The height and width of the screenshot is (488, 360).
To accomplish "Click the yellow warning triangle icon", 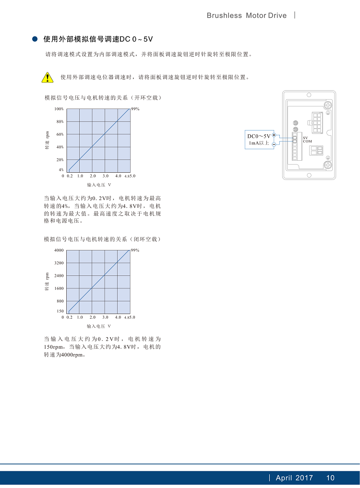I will (47, 77).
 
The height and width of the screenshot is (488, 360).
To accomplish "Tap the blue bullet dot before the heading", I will (35, 39).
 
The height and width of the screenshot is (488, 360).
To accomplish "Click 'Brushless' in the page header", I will (224, 15).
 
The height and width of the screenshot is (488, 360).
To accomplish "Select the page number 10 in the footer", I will (330, 477).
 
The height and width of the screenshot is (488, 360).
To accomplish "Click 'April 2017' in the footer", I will (294, 477).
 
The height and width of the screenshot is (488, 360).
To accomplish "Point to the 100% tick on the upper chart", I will (59, 109).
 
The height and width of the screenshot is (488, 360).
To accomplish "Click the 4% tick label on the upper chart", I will (61, 169).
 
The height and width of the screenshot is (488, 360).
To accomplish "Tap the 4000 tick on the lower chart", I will (59, 250).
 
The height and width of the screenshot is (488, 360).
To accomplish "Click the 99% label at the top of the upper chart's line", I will (135, 109).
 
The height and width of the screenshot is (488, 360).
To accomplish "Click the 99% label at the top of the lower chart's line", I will (135, 250).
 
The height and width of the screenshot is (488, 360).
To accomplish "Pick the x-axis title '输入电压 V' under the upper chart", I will (99, 185).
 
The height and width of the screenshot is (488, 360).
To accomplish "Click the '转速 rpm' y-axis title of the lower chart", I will (47, 282).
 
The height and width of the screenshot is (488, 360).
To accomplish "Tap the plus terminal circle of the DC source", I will (274, 135).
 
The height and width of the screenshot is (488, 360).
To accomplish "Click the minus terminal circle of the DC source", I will (274, 143).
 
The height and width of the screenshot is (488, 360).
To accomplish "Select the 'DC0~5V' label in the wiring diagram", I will (259, 136).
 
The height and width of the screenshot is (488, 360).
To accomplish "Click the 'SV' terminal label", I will (305, 138).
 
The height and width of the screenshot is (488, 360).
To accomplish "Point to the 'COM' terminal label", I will (307, 142).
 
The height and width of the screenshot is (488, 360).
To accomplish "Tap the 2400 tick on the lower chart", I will (59, 276).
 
